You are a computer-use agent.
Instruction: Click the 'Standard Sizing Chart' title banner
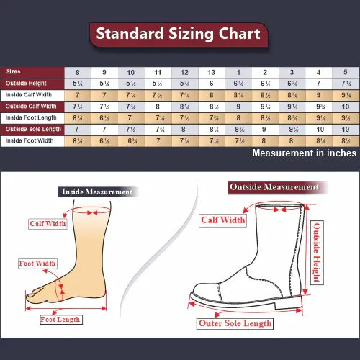point(179,34)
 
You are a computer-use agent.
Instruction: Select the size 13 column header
point(211,72)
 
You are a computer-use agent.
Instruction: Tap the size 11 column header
point(158,72)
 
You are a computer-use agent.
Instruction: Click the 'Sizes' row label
point(14,72)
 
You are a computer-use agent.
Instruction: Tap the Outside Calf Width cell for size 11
point(158,107)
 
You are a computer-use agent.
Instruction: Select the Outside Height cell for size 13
point(211,84)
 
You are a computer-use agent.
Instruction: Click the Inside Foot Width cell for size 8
point(78,140)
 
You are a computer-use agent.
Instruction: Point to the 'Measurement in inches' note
point(304,153)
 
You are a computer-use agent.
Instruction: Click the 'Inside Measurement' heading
point(96,192)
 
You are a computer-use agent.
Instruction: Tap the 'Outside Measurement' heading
point(274,187)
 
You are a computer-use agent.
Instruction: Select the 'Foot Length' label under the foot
point(60,319)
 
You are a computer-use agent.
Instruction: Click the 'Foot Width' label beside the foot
point(37,264)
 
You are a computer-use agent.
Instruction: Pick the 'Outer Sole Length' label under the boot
point(235,323)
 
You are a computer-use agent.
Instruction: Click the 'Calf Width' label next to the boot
point(223,220)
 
